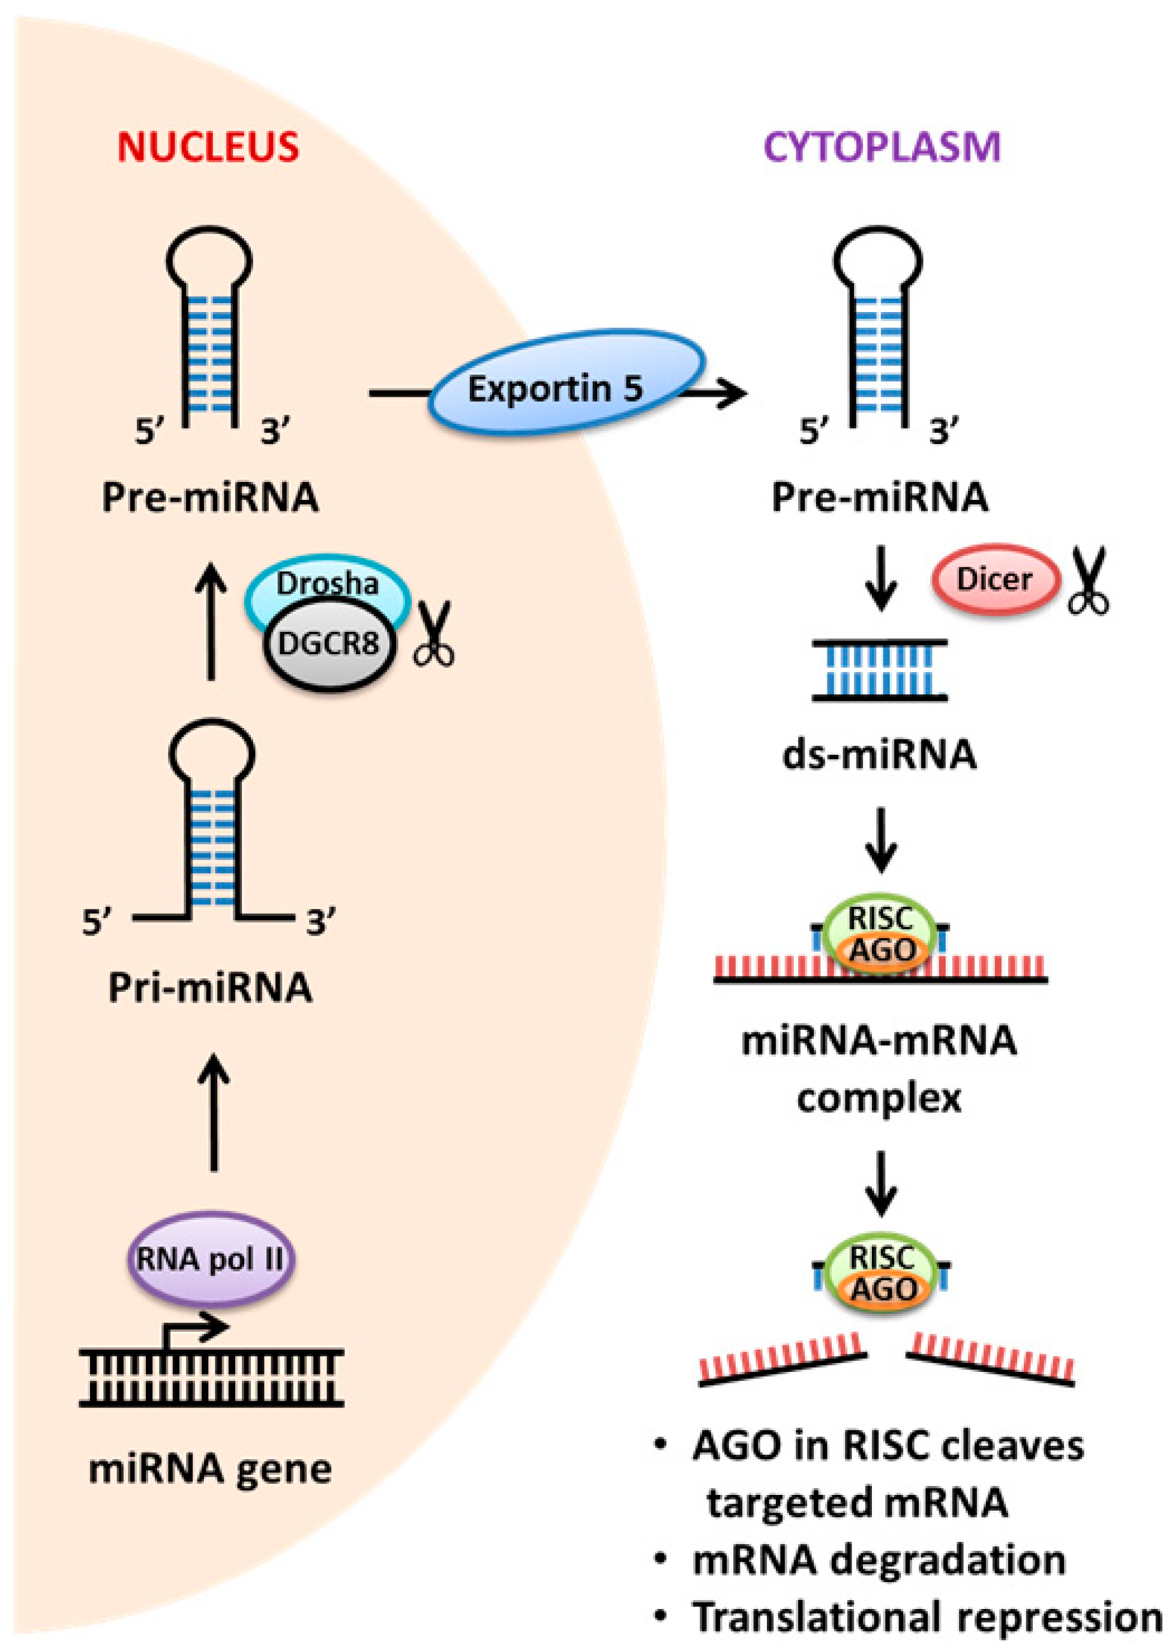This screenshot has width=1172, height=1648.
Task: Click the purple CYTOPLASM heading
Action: tap(883, 147)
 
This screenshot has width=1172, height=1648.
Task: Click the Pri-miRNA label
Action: tap(210, 988)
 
